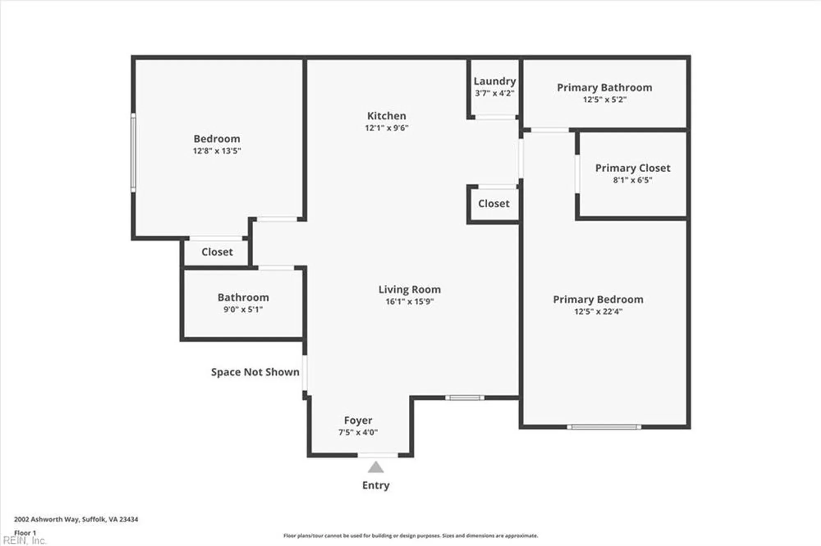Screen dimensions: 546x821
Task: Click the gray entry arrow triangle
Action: pos(376,468)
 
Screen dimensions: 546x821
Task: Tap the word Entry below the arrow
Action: pos(376,485)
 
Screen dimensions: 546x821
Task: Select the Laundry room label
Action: pos(494,81)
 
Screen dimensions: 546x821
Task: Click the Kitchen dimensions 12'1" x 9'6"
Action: pos(387,128)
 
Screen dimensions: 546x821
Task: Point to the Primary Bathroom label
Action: pos(604,87)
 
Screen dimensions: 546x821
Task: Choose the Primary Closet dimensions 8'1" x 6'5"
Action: pos(633,180)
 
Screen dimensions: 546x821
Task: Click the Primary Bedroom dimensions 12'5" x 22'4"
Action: pos(598,311)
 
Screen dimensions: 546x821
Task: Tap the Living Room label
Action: pos(409,289)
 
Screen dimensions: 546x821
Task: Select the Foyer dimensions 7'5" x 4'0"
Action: pos(358,432)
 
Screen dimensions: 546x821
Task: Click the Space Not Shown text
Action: pos(255,372)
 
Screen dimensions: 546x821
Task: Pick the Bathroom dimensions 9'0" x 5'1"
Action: pos(243,309)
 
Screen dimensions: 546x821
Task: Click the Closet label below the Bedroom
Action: pos(217,252)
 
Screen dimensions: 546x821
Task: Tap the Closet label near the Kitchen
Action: pos(493,204)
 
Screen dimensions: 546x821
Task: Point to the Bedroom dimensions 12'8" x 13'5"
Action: pos(217,151)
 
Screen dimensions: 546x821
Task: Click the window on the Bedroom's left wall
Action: pos(133,152)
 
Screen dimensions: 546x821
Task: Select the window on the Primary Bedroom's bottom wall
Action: pos(603,427)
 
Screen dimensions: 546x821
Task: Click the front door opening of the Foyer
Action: pos(378,455)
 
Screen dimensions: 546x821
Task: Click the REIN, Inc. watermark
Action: pos(25,540)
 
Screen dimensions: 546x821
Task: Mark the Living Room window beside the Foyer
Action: pos(465,397)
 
